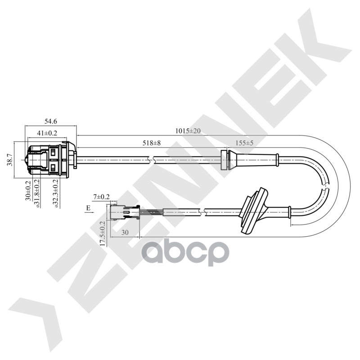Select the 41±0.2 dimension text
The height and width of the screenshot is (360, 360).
coord(47,133)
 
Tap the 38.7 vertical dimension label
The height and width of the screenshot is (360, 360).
coord(9,160)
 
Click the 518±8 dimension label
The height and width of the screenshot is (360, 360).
coord(152,143)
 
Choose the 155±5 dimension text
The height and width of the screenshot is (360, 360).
coord(245,143)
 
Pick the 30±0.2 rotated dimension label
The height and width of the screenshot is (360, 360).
coord(28,190)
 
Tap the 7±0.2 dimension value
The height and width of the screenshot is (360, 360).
coord(101,197)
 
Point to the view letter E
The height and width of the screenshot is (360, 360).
coord(88,207)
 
